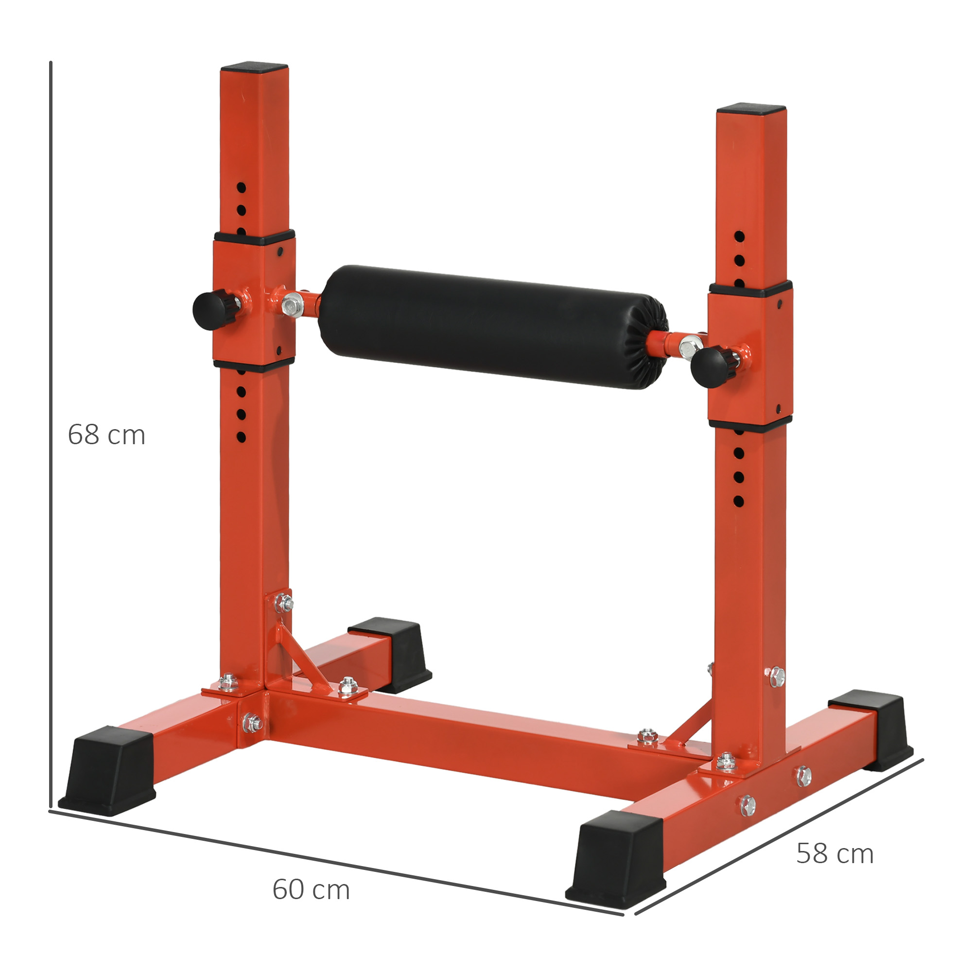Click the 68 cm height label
106,435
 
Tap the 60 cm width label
311,889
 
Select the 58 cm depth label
834,854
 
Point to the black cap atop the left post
254,67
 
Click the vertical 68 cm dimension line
51,352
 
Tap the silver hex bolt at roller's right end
688,346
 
